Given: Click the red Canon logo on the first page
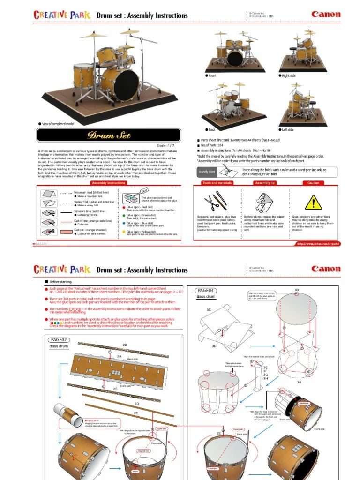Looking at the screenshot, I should pos(326,15).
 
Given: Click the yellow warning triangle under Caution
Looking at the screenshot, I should pos(313,202).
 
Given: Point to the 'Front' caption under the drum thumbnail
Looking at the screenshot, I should pos(212,75).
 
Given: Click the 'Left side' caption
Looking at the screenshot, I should pos(287,129).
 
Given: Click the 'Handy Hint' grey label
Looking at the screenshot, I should pos(207,172).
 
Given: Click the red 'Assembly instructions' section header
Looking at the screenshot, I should pos(108,183).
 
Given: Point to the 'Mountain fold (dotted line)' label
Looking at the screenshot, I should pos(91,192).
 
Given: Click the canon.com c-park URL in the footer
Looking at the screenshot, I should pos(317,243).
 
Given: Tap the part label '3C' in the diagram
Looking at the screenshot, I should pos(209,310).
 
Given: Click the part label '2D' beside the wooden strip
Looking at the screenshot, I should pos(137,404).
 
